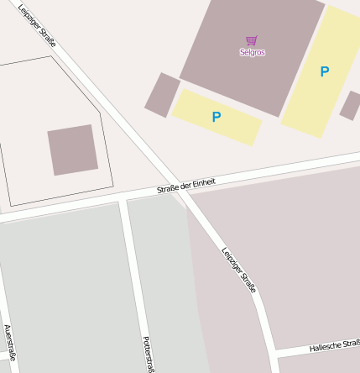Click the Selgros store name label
tap(252, 52)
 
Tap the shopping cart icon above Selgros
tap(252, 40)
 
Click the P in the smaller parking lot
tap(217, 117)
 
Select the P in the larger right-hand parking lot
tap(325, 72)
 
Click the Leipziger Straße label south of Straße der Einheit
tap(239, 269)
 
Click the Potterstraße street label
tap(148, 353)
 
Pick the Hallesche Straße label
tap(335, 345)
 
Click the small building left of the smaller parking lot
tap(162, 94)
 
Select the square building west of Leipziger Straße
tap(72, 150)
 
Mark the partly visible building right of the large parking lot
tap(351, 106)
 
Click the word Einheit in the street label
tap(204, 181)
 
